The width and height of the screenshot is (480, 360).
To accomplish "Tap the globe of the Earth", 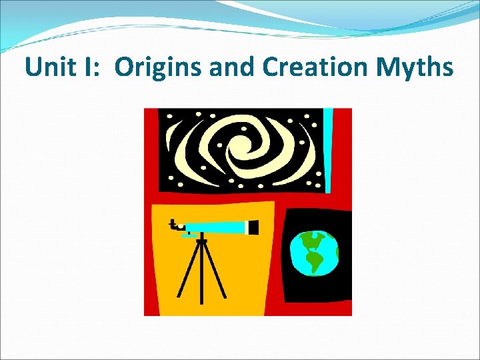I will pos(313,253).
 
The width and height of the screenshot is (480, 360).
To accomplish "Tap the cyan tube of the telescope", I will pos(213,227).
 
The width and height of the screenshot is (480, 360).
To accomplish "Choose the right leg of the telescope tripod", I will pos(215,270).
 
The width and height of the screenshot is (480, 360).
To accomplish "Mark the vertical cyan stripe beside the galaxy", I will pos(327,150).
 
